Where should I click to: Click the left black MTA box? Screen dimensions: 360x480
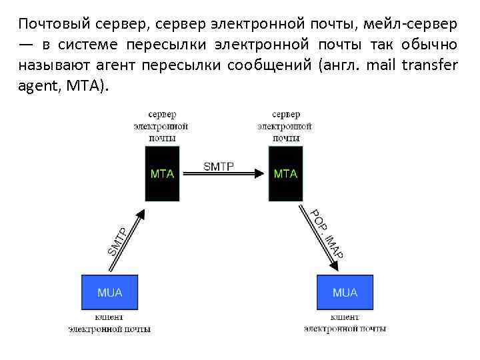pos(162,173)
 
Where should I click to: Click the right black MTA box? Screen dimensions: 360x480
pos(285,173)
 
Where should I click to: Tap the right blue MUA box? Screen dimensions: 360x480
pos(345,293)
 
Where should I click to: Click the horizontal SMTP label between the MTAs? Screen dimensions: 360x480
pos(218,167)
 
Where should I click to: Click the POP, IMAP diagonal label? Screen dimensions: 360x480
pos(327,234)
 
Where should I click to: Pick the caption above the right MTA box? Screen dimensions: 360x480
pos(285,126)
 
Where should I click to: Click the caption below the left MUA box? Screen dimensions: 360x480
pos(109,323)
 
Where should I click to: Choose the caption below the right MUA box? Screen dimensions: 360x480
pos(345,323)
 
